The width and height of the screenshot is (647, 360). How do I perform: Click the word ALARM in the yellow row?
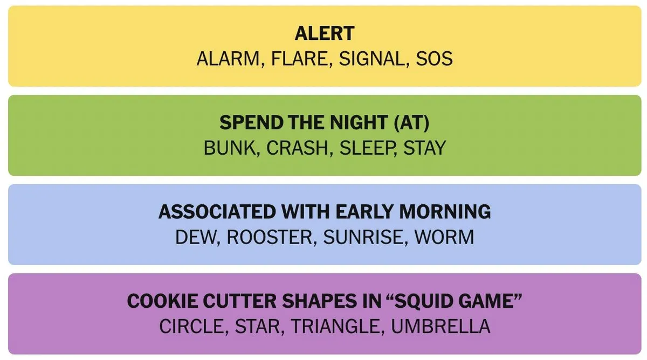pyautogui.click(x=228, y=59)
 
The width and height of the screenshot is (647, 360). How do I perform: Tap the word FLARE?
pyautogui.click(x=299, y=59)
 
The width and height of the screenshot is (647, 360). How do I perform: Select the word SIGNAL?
pyautogui.click(x=371, y=59)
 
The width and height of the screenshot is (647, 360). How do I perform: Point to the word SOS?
pyautogui.click(x=434, y=59)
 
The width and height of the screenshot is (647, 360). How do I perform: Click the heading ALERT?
pyautogui.click(x=325, y=33)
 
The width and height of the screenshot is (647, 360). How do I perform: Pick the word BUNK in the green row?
pyautogui.click(x=230, y=148)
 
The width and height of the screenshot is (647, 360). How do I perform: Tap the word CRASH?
pyautogui.click(x=297, y=148)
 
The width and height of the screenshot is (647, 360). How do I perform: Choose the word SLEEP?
pyautogui.click(x=366, y=148)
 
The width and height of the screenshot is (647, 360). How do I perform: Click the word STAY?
pyautogui.click(x=425, y=148)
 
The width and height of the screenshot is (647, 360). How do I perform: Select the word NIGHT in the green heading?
pyautogui.click(x=359, y=122)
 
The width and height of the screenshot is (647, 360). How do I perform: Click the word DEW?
pyautogui.click(x=196, y=237)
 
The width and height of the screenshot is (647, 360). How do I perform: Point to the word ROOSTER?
pyautogui.click(x=270, y=237)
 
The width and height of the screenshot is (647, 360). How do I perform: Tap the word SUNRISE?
pyautogui.click(x=363, y=237)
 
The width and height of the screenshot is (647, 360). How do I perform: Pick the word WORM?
pyautogui.click(x=444, y=237)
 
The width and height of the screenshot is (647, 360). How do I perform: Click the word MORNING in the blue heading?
pyautogui.click(x=445, y=212)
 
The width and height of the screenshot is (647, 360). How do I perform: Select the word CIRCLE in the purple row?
pyautogui.click(x=191, y=326)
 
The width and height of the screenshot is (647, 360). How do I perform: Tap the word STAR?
pyautogui.click(x=257, y=326)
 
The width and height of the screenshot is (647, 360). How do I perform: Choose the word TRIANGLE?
pyautogui.click(x=335, y=326)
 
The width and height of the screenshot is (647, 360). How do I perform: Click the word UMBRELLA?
pyautogui.click(x=441, y=326)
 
